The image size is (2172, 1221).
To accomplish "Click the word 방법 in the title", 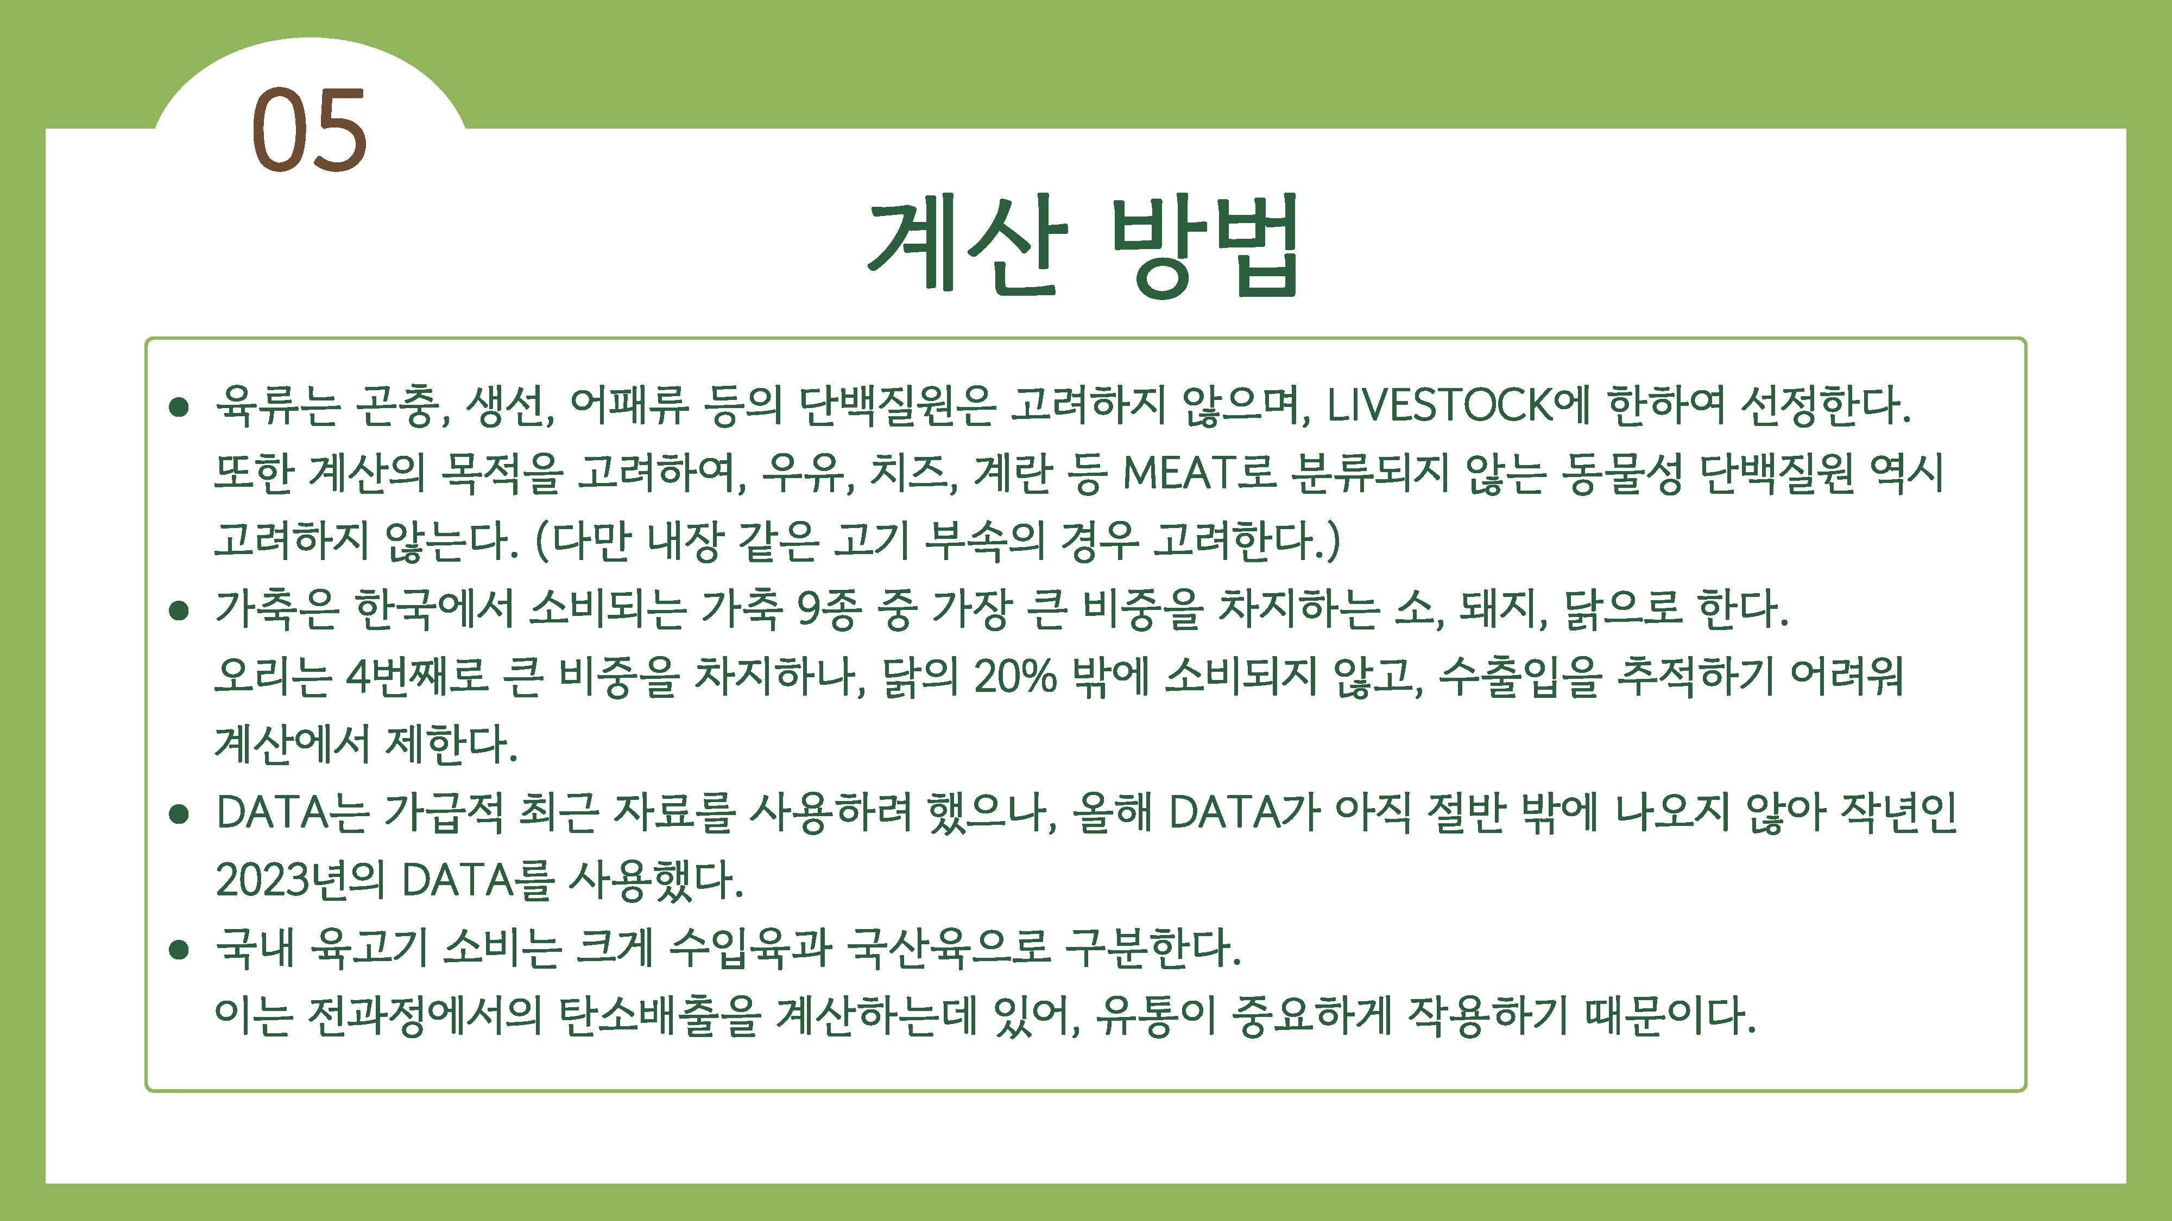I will coord(1205,245).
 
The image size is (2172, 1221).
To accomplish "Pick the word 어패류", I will coord(629,405).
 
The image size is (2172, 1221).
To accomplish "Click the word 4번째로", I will coord(418,676).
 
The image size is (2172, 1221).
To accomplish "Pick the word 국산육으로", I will coord(948,948).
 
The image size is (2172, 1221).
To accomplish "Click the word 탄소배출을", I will coord(659,1015).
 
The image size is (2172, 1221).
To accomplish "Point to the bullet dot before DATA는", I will coord(178,814).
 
